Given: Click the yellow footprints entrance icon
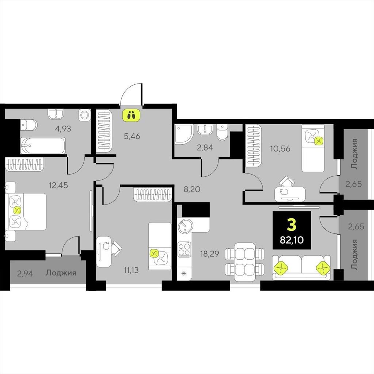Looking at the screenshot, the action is click(131, 115).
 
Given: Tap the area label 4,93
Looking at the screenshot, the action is click(63, 129).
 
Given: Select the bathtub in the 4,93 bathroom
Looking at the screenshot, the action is click(43, 145).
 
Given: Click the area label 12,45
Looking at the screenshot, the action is click(58, 185).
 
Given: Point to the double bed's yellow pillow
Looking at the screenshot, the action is click(17, 210).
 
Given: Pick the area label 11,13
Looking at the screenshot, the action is click(131, 270).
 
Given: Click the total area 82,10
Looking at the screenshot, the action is click(292, 240).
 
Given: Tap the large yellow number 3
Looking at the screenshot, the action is click(292, 225).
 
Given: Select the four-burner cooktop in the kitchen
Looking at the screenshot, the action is click(184, 249).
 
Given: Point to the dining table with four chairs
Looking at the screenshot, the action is click(245, 262).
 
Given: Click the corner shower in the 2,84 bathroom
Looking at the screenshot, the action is click(184, 134).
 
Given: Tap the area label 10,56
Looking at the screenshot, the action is click(280, 149).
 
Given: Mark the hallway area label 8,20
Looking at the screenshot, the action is click(192, 190).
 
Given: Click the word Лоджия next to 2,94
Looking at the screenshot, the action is click(61, 273).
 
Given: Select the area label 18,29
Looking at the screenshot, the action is click(210, 254).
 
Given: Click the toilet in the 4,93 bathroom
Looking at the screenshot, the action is click(28, 125).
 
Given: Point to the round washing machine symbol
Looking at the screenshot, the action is click(84, 115).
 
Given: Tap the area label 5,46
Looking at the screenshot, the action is click(132, 137).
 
